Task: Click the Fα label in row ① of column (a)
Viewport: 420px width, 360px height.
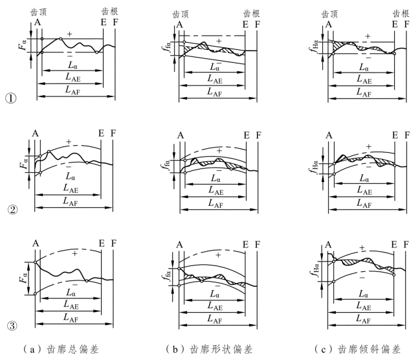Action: coord(23,47)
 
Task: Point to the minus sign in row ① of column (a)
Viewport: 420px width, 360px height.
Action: coord(69,56)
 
